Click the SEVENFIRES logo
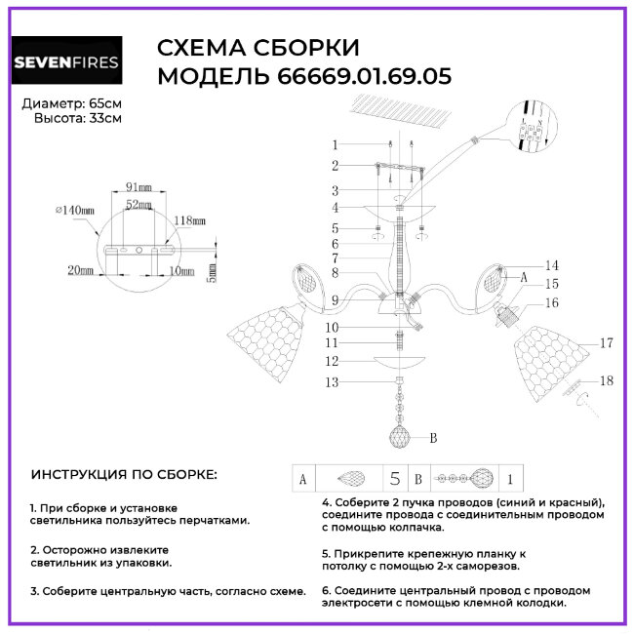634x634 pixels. [66, 62]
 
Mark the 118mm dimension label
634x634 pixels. [192, 221]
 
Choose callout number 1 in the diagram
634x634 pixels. [335, 144]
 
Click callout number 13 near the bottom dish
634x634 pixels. [333, 382]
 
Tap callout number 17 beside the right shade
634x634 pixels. [606, 342]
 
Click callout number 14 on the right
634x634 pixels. [552, 265]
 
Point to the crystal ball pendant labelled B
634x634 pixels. [401, 436]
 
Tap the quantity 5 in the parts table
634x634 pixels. [395, 479]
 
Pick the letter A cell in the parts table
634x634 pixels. [303, 479]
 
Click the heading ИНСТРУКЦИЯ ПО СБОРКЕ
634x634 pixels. [125, 475]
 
